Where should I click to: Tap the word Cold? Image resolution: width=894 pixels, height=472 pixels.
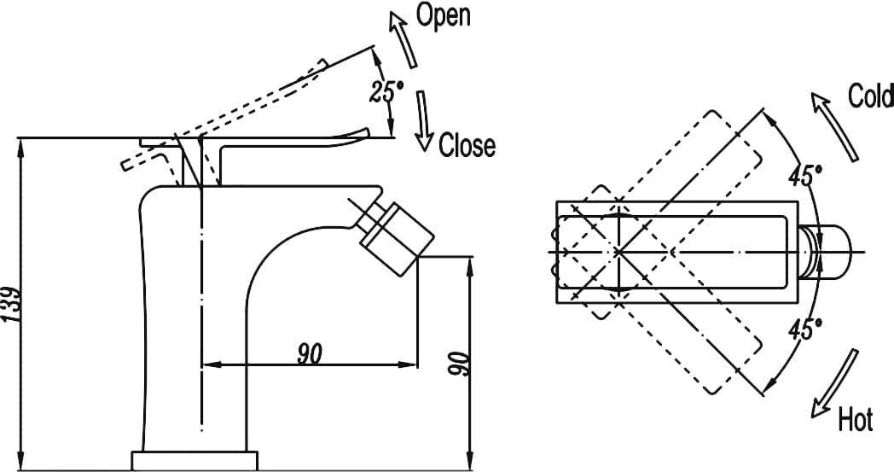coord(870,96)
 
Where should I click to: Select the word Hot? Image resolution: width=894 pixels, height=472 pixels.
coord(855,419)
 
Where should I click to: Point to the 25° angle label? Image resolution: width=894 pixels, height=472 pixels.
coord(381,90)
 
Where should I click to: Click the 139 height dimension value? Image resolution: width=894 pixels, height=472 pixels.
coord(13,302)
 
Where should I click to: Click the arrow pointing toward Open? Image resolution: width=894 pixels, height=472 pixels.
coord(403,38)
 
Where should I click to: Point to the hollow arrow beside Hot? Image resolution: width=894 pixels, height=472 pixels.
coord(836,382)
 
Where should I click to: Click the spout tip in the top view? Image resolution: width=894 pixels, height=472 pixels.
coord(833,252)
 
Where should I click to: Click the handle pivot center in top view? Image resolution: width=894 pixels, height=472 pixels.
coord(617,252)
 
